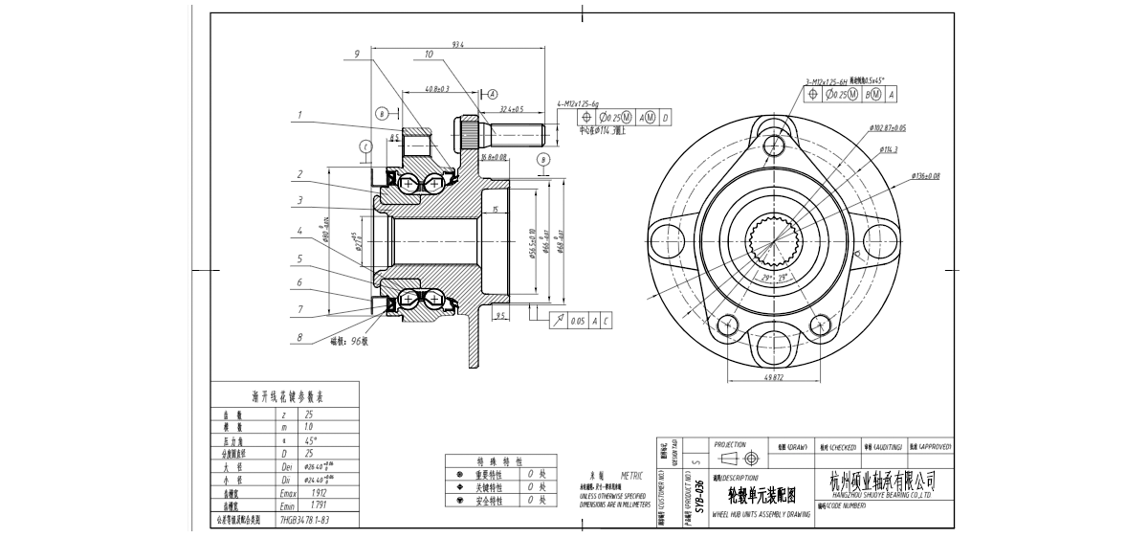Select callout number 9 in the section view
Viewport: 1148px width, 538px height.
[x=357, y=55]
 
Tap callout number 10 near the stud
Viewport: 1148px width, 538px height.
[x=430, y=55]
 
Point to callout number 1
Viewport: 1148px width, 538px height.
[x=299, y=115]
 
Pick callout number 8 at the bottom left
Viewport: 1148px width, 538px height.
[x=299, y=337]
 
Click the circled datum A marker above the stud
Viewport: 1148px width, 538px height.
[x=493, y=94]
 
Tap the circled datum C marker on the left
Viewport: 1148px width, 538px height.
[x=365, y=146]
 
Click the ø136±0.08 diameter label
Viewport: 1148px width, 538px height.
[x=925, y=176]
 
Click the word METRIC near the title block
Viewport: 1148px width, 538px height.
[x=632, y=475]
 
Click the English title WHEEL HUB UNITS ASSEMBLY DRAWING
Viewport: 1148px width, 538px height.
[x=762, y=514]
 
